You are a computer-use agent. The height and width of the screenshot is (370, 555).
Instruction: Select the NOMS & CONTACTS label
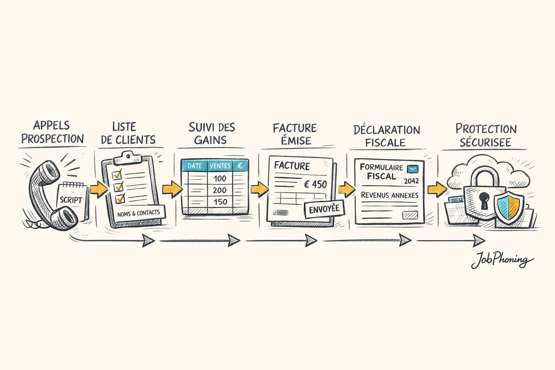pos(138,213)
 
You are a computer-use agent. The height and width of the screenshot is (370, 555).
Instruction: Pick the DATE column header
pos(194,166)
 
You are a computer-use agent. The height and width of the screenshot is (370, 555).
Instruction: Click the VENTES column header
pos(220,166)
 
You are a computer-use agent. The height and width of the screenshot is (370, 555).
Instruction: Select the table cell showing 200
pos(220,190)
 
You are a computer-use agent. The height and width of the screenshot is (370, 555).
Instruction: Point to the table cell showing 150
pos(220,202)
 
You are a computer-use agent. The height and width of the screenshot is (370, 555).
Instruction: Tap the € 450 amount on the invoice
pos(315,185)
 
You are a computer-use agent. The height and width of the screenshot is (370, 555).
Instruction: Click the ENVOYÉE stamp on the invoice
pos(324,209)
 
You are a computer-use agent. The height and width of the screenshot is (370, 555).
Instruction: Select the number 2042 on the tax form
pos(411,181)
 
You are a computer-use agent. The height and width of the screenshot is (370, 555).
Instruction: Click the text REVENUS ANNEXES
pos(390,195)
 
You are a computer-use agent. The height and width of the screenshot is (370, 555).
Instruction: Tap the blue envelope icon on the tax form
pos(412,169)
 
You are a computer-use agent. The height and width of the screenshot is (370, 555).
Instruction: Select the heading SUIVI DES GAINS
pos(211,133)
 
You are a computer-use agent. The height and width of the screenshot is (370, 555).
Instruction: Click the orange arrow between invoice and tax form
pos(347,189)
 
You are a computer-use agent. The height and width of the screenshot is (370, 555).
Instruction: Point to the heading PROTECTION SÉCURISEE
pos(486,135)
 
